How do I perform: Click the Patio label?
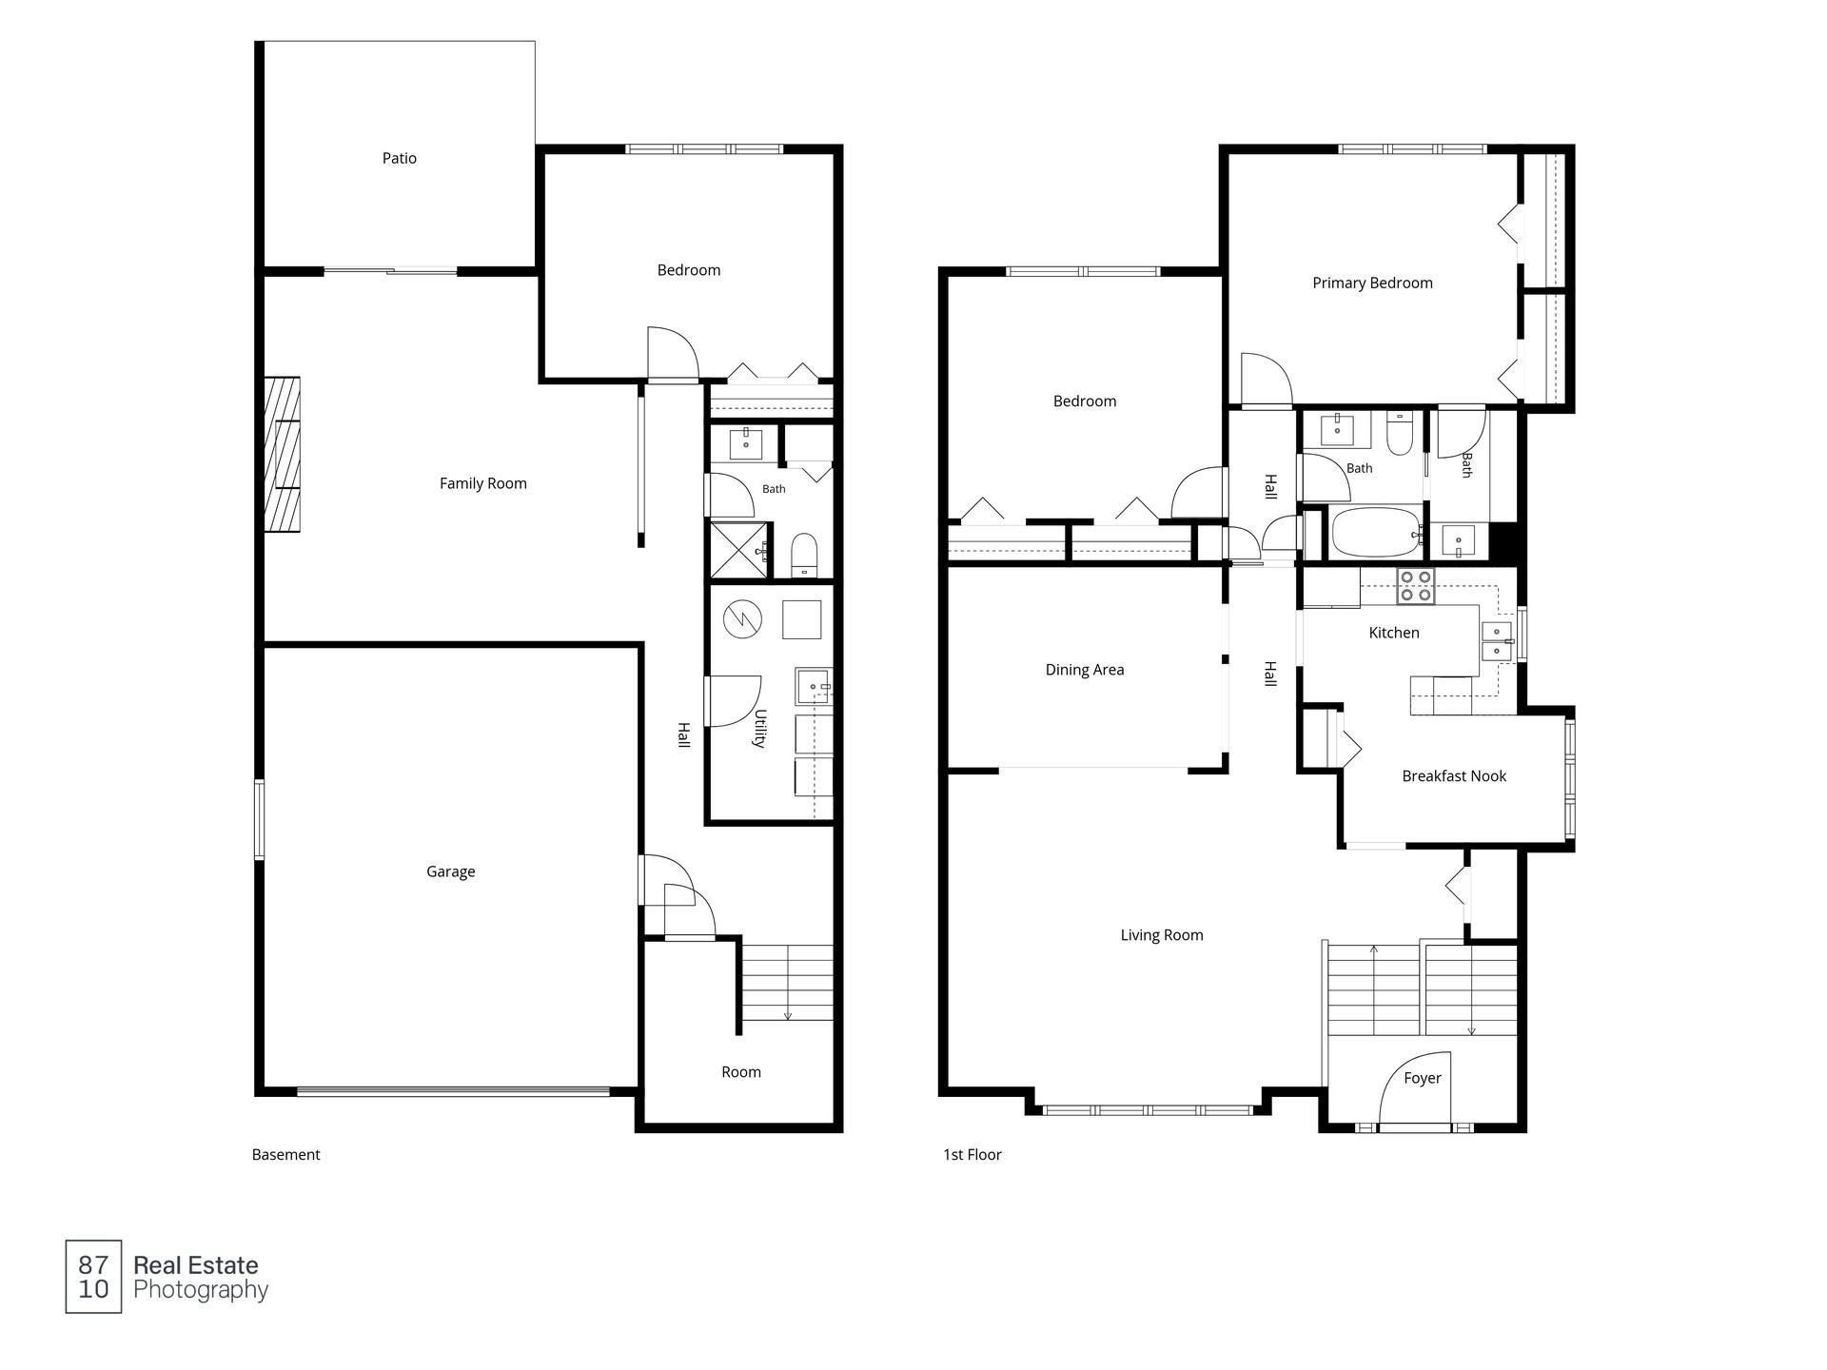(x=400, y=159)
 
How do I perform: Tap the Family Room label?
(x=483, y=483)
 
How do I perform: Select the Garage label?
(x=451, y=871)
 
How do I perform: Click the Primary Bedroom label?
(x=1372, y=283)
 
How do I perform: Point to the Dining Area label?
(x=1085, y=670)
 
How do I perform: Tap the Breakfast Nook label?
(x=1454, y=776)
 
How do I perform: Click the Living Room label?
(x=1162, y=935)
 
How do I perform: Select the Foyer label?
(x=1423, y=1078)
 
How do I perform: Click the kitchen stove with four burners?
(x=1415, y=586)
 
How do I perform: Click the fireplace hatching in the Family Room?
(x=283, y=455)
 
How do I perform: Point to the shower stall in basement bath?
(x=738, y=550)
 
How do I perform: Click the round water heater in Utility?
(x=742, y=619)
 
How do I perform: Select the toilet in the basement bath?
(x=804, y=556)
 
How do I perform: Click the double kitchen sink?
(x=1497, y=641)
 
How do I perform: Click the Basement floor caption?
(x=285, y=1155)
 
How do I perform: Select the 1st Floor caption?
(x=972, y=1155)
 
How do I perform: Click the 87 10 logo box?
(x=93, y=1277)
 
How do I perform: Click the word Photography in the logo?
(x=201, y=1291)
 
